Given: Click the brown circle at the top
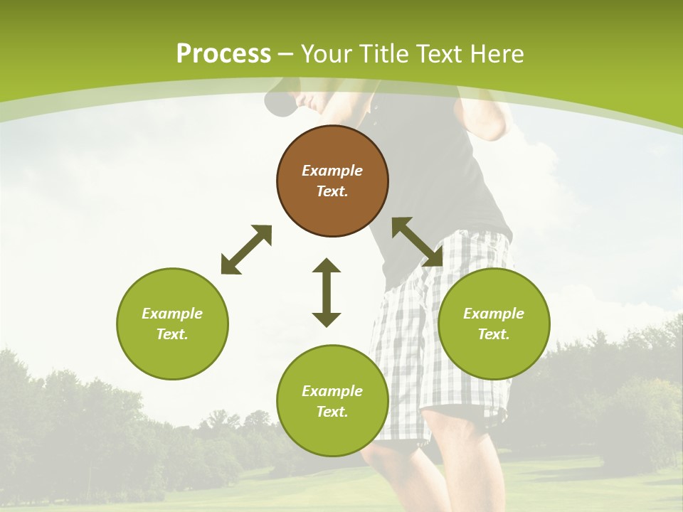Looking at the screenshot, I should pos(332,181).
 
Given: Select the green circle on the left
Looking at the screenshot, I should pos(172,324).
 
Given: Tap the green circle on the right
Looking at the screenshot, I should pos(494,324).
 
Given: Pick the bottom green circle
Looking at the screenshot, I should pos(332,401).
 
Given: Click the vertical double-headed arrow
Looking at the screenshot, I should pos(327,292).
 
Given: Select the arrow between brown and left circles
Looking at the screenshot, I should pos(246,250).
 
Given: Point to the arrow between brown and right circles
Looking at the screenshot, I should pos(418,242).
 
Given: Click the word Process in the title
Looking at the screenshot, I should pos(223,54).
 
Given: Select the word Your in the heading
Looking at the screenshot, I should pos(327,54).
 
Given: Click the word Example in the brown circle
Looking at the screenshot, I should pos(332,171).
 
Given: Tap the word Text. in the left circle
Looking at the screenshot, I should pos(172,334).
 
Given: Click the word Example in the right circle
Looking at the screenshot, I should pos(494,314).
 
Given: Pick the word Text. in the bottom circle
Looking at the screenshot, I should pos(332,412).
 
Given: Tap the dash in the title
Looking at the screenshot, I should pos(286,54).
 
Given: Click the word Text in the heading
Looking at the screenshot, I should pos(440,54).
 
